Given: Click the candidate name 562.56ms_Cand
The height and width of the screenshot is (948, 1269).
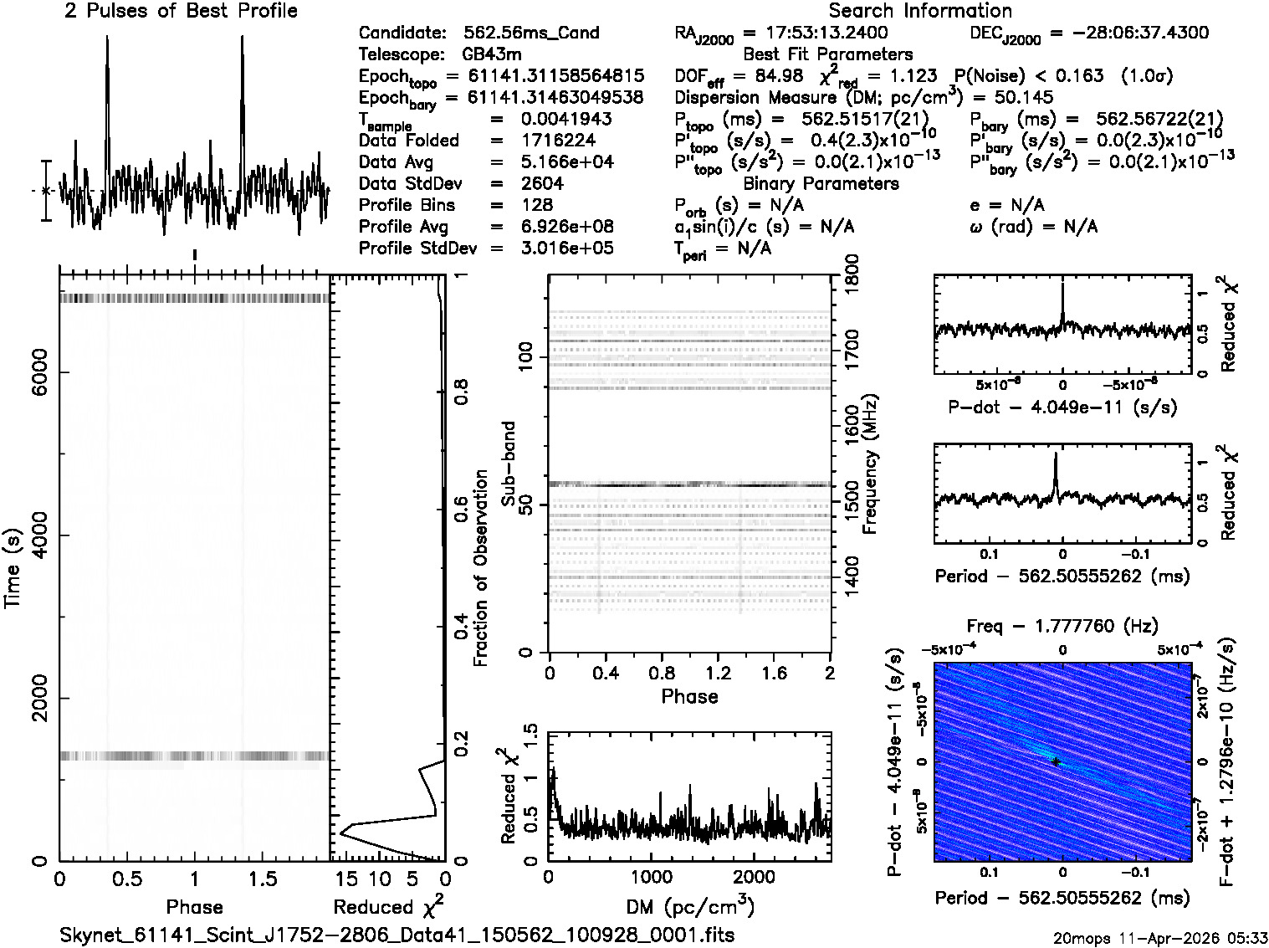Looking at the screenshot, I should (x=531, y=33).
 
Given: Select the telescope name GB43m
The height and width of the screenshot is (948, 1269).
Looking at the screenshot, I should (x=493, y=55).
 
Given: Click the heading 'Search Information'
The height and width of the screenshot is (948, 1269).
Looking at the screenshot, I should (x=919, y=11).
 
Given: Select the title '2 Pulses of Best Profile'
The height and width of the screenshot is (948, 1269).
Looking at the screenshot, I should (x=181, y=11).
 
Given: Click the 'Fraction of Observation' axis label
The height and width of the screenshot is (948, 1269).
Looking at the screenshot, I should (x=481, y=568).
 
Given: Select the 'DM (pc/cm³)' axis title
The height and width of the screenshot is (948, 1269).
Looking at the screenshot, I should (x=689, y=906).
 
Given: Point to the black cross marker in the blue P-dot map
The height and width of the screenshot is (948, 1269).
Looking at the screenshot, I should (x=1057, y=762).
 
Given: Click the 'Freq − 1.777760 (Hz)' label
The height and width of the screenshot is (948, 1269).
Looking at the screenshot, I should (x=1062, y=626).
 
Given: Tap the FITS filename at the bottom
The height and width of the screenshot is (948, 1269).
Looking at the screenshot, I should (x=397, y=935).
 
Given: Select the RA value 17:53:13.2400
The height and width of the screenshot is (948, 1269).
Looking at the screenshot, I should (x=816, y=33).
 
